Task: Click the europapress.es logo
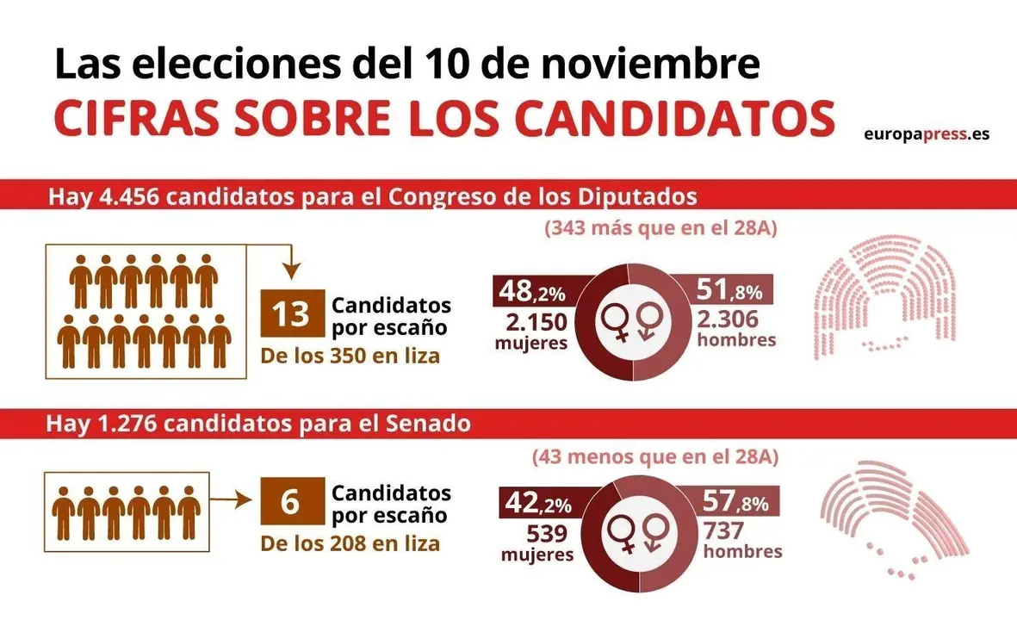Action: (x=926, y=134)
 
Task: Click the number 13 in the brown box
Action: (x=291, y=315)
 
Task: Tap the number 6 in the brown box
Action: (x=290, y=502)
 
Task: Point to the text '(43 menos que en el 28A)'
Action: (x=655, y=456)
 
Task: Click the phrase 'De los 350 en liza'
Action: (x=350, y=356)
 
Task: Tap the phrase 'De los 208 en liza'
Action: (x=350, y=543)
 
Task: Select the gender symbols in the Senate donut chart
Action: (x=636, y=531)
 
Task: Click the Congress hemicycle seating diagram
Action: (x=884, y=296)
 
